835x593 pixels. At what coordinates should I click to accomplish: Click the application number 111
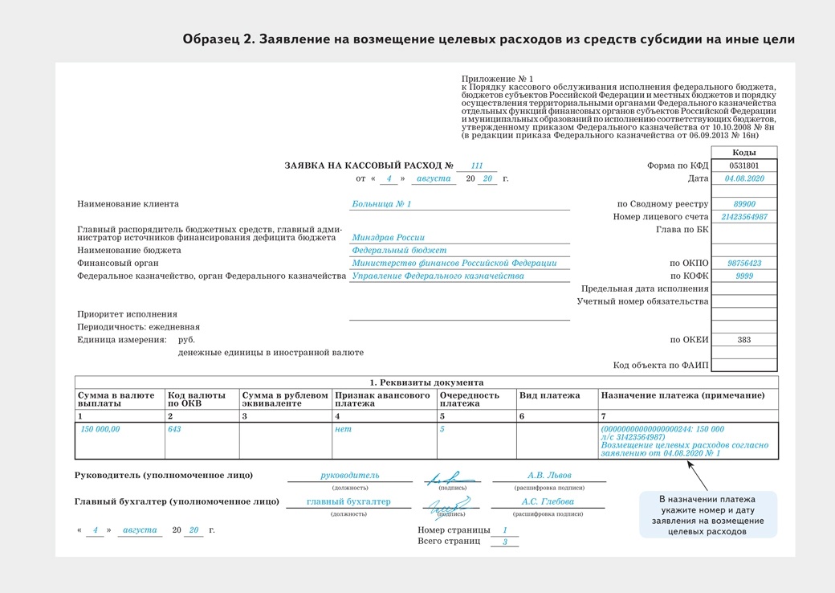(x=477, y=166)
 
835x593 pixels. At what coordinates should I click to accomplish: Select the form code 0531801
(x=743, y=166)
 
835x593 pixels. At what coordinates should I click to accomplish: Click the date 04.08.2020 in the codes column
(x=743, y=178)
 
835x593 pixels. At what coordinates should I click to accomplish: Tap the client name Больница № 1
(x=381, y=204)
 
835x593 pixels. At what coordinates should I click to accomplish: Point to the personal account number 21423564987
(x=743, y=217)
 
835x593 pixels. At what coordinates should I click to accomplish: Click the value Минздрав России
(x=388, y=238)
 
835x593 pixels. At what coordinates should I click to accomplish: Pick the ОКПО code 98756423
(x=743, y=264)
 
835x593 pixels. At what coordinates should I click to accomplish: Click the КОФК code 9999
(x=743, y=276)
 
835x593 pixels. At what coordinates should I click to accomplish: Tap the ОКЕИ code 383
(x=743, y=340)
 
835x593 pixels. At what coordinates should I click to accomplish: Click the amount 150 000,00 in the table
(x=100, y=429)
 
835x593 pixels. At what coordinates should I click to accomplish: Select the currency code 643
(x=174, y=429)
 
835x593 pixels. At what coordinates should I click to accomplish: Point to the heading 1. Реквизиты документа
(x=426, y=382)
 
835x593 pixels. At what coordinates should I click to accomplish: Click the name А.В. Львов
(x=549, y=476)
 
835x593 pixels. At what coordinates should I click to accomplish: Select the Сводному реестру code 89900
(x=743, y=204)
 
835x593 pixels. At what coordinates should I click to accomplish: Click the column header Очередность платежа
(x=470, y=399)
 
